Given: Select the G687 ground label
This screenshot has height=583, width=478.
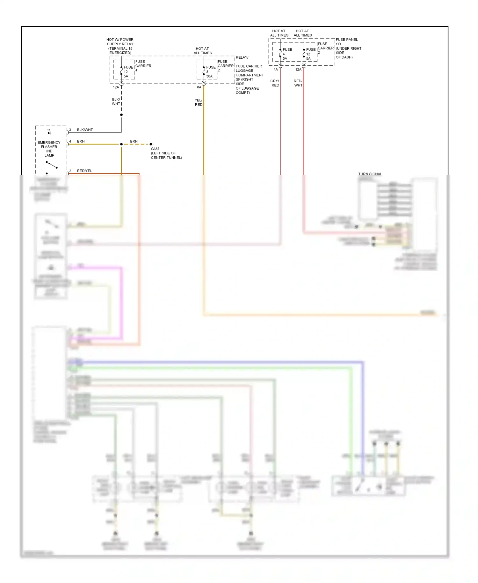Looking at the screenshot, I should point(155,149).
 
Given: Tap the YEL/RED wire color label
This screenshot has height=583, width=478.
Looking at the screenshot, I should point(199,102).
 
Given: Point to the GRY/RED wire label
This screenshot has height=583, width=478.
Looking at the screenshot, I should point(275,83).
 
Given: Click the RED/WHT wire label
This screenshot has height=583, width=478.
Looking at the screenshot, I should point(298,83).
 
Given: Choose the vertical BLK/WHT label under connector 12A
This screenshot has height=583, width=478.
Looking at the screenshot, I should point(116,102).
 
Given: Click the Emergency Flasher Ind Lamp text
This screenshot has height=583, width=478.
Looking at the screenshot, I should point(49,149).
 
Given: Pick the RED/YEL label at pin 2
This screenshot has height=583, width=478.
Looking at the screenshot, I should point(84,171).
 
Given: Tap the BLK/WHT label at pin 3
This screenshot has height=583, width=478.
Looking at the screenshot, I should point(85,130).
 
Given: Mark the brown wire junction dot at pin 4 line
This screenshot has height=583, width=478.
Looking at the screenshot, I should point(121,144).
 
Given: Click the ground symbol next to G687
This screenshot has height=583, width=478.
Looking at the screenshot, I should point(152,144).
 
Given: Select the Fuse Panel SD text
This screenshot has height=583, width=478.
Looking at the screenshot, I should point(347,42).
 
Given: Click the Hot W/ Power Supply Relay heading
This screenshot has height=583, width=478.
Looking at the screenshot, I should point(120,46).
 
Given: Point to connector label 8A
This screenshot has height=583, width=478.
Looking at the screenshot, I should point(199,87).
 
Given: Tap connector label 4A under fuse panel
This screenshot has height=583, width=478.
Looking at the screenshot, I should point(276,70).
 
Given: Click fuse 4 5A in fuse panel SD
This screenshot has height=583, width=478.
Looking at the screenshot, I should point(286,54).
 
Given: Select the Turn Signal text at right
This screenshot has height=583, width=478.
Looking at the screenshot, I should point(370,174).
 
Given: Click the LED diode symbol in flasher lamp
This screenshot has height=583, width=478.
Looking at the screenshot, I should point(49,132).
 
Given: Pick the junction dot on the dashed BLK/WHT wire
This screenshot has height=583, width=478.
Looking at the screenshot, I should point(121,115).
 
